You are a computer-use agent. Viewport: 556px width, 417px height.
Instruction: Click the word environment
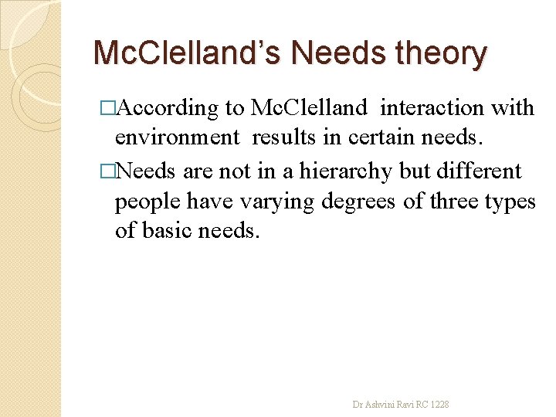point(178,137)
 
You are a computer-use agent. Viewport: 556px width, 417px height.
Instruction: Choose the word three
point(452,201)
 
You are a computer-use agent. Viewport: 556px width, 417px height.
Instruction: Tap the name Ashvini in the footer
point(378,404)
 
